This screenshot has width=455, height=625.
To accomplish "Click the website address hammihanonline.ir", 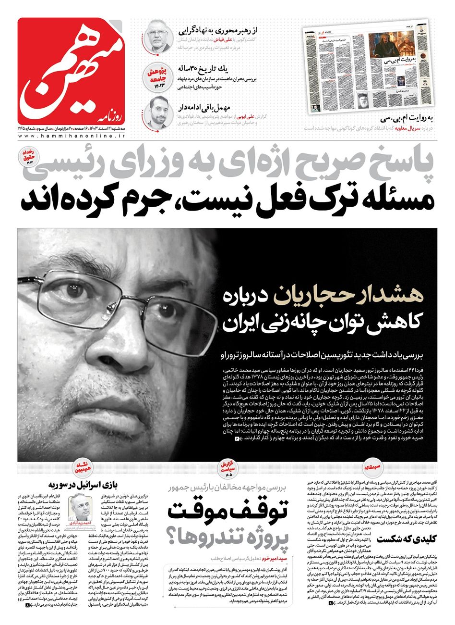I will tap(72, 137).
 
